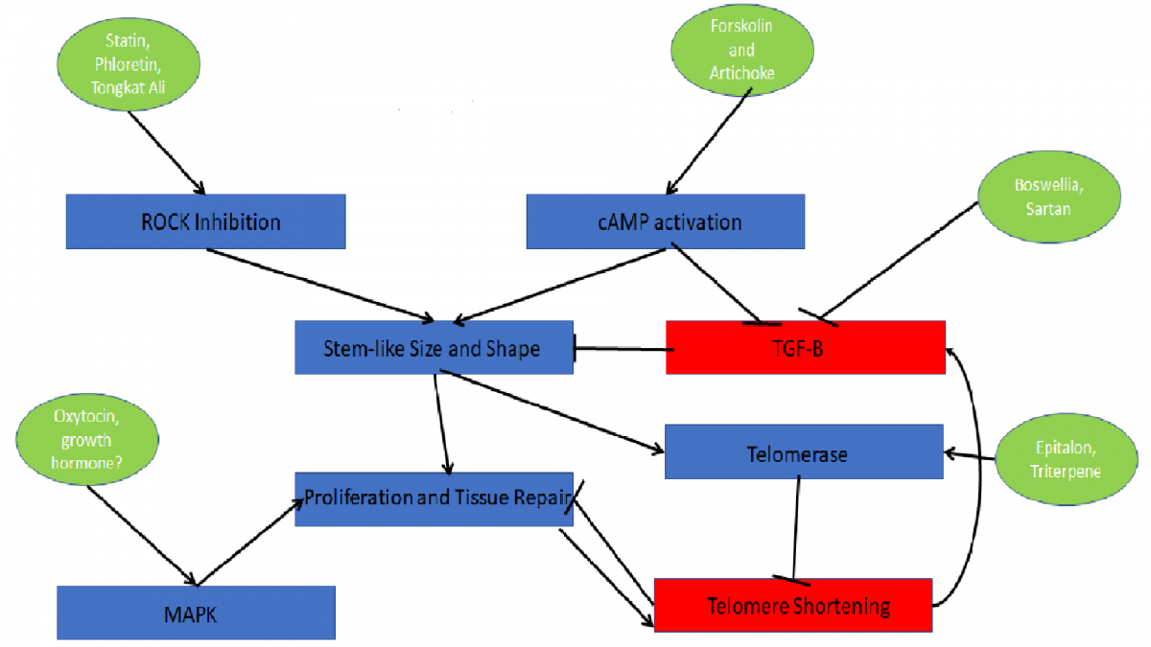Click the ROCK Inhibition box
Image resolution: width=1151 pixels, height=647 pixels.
pyautogui.click(x=205, y=221)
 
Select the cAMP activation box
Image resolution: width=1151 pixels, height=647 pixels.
pyautogui.click(x=666, y=221)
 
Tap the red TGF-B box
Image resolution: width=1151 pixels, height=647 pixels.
pyautogui.click(x=805, y=348)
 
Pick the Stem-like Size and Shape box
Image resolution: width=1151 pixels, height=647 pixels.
pyautogui.click(x=434, y=348)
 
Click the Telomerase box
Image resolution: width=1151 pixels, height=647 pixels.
pyautogui.click(x=804, y=451)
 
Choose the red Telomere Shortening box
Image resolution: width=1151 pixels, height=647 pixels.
pyautogui.click(x=793, y=606)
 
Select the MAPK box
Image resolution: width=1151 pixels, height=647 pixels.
pyautogui.click(x=196, y=612)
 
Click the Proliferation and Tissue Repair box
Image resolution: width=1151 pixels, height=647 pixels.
pyautogui.click(x=434, y=499)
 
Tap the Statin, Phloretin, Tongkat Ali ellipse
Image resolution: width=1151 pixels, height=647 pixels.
pyautogui.click(x=128, y=64)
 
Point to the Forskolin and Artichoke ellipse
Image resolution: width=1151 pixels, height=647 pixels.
pyautogui.click(x=742, y=50)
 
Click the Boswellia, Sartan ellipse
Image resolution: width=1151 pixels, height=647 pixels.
pyautogui.click(x=1048, y=196)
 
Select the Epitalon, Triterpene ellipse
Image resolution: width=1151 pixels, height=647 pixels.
pyautogui.click(x=1067, y=459)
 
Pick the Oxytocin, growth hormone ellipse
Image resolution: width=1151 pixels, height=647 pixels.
pyautogui.click(x=87, y=440)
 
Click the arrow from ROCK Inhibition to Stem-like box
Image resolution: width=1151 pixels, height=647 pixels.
pyautogui.click(x=320, y=286)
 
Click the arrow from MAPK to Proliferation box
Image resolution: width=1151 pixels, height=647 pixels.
pyautogui.click(x=250, y=543)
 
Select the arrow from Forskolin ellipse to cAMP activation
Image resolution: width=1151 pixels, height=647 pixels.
pyautogui.click(x=709, y=141)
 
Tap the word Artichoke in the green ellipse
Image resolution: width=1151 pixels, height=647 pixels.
pyautogui.click(x=742, y=73)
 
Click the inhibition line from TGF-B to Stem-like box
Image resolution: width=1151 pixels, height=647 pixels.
pyautogui.click(x=623, y=349)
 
